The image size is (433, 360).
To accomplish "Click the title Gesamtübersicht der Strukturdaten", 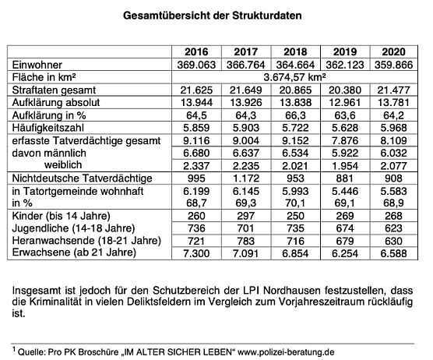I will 216,15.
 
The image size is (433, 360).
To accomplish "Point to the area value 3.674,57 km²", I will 297,77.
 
